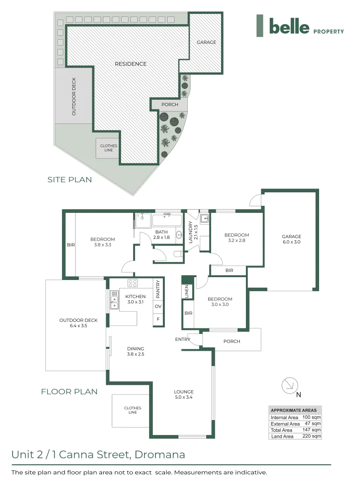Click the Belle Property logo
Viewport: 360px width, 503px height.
click(x=300, y=26)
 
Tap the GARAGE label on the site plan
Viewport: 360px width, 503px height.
click(x=206, y=42)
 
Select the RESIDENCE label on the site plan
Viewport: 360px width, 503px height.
click(x=131, y=64)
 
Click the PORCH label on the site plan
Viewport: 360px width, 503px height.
click(x=170, y=104)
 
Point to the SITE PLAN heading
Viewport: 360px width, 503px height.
click(x=69, y=179)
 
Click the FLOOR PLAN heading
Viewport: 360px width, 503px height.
click(x=69, y=392)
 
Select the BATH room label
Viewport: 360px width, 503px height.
click(x=161, y=232)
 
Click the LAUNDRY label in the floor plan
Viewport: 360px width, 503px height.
click(x=190, y=232)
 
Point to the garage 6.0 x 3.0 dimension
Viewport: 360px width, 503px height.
click(x=292, y=242)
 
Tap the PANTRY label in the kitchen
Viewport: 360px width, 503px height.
click(x=158, y=289)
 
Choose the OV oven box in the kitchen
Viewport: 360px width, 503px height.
click(x=158, y=306)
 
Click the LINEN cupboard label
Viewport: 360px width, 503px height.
click(x=187, y=292)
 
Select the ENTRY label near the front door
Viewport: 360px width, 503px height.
click(x=182, y=340)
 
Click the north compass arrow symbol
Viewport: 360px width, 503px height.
click(x=289, y=385)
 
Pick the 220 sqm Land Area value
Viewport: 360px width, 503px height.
click(x=312, y=436)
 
